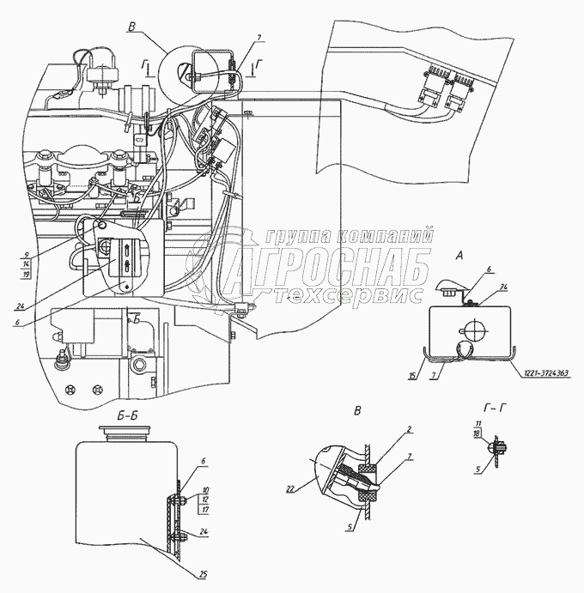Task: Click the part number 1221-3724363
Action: pyautogui.click(x=540, y=372)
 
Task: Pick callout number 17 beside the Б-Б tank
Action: pyautogui.click(x=205, y=508)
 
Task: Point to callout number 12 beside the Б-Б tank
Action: pyautogui.click(x=205, y=499)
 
